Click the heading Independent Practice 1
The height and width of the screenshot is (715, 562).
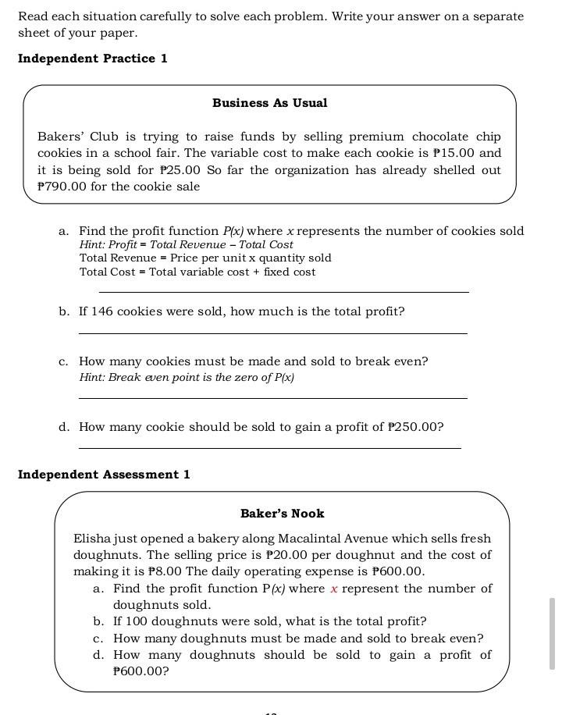click(x=92, y=59)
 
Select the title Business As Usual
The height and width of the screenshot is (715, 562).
click(x=269, y=103)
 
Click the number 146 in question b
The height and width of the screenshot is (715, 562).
click(x=102, y=311)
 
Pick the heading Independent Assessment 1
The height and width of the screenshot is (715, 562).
click(x=104, y=475)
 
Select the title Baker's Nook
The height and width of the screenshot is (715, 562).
click(x=282, y=514)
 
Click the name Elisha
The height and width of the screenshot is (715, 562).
click(x=93, y=539)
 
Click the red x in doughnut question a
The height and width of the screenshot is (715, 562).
click(x=333, y=589)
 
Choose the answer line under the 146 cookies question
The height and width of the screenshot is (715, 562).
click(x=272, y=333)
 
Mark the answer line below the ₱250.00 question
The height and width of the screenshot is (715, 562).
click(x=269, y=448)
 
